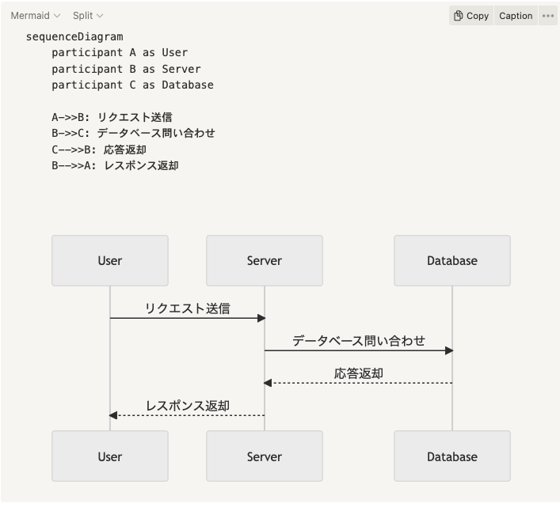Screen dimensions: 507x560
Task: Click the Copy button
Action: point(470,16)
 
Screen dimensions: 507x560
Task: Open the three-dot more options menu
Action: point(548,16)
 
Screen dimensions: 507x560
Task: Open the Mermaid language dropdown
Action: point(35,16)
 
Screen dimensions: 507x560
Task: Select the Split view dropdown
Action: point(87,16)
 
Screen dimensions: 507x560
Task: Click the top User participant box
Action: point(110,260)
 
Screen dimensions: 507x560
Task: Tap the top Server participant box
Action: point(265,260)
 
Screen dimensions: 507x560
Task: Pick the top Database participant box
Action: point(452,260)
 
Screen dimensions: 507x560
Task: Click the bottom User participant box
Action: point(110,456)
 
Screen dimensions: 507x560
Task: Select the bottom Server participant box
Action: point(265,456)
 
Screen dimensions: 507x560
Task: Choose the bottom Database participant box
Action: point(452,456)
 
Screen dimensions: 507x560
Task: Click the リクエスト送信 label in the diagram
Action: point(187,308)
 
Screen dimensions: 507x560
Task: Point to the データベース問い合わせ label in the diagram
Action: point(358,341)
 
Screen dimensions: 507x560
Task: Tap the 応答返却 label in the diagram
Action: point(358,373)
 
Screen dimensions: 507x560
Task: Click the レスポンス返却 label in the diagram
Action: point(187,406)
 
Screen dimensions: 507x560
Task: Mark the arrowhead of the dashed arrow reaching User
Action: point(114,415)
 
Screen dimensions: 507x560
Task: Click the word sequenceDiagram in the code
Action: point(74,36)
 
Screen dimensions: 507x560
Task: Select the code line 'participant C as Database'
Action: point(132,85)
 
